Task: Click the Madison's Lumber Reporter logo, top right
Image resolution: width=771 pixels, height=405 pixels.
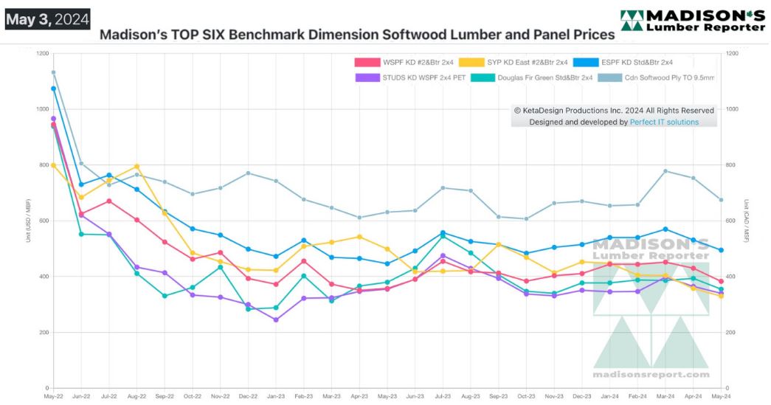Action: point(692,21)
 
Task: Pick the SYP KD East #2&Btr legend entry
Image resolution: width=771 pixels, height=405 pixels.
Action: point(514,62)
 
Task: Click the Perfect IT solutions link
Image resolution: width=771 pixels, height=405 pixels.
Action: point(664,122)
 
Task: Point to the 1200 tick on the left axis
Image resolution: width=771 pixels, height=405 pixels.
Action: point(41,54)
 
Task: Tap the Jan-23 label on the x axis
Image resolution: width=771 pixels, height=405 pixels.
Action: point(275,397)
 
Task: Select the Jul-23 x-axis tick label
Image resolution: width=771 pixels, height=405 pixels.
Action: point(443,397)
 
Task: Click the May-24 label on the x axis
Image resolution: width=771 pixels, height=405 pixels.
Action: point(721,397)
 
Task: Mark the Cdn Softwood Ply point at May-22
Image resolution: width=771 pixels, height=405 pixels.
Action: point(53,72)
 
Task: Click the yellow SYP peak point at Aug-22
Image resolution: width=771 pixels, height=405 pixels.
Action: point(136,167)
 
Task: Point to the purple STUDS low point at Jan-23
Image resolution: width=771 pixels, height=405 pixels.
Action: point(275,320)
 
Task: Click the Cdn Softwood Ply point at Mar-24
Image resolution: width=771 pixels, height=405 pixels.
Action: point(665,171)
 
